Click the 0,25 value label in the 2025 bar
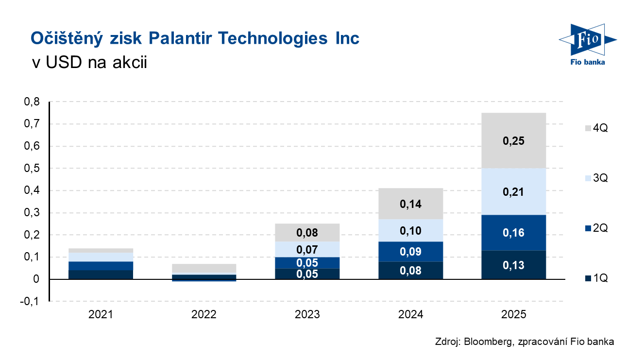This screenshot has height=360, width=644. tap(513, 141)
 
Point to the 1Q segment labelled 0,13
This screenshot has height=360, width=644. tap(513, 265)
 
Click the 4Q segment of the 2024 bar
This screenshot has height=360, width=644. tap(410, 204)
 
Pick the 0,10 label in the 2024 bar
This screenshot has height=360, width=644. tap(410, 231)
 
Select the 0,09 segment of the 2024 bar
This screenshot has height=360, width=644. tap(410, 252)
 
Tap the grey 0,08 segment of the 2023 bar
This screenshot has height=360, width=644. tap(307, 233)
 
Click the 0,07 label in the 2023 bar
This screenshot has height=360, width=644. tap(307, 250)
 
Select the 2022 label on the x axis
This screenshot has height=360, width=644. tap(204, 315)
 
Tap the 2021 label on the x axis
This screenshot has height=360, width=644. tap(101, 315)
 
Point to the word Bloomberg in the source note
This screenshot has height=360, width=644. tap(486, 342)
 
